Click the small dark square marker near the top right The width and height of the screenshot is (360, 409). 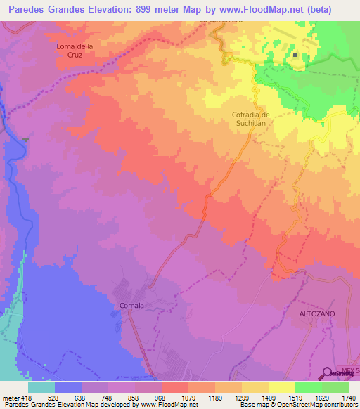pos(296,56)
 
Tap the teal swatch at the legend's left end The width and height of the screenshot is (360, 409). pos(41,387)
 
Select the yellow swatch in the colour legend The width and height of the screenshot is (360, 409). pos(282,387)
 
